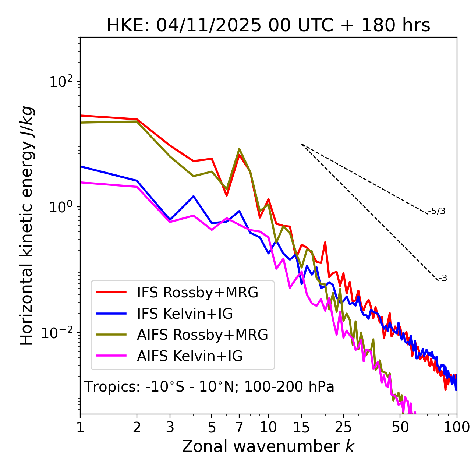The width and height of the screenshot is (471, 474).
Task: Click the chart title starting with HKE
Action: coord(268,26)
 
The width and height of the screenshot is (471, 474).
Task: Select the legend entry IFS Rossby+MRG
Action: coord(198,293)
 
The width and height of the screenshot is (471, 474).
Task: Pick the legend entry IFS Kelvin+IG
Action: coord(185,314)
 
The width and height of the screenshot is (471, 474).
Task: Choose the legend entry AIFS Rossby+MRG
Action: coord(202,335)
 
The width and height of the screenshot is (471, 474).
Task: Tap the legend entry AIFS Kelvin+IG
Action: coord(190,356)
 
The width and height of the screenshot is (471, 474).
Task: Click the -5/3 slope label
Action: coord(437,211)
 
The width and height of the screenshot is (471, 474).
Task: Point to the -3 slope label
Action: coord(443,278)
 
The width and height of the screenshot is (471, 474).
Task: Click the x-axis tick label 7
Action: coord(239,427)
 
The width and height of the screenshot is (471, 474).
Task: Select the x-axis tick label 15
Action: coord(301,427)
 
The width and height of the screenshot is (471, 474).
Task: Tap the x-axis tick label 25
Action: coord(343,427)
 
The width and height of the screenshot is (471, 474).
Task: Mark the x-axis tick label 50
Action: coord(400,427)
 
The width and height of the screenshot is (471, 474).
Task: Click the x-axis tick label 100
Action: coord(456,427)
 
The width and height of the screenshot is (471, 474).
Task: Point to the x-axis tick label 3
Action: coord(170,427)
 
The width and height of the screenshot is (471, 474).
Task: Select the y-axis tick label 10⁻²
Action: coord(59,333)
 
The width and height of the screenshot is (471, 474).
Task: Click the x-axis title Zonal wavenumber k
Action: coord(268,446)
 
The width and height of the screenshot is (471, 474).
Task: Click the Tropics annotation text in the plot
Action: coord(209,387)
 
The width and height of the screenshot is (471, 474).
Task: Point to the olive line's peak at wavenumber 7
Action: coord(239,149)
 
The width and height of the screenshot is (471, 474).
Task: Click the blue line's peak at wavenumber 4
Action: coord(194,196)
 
